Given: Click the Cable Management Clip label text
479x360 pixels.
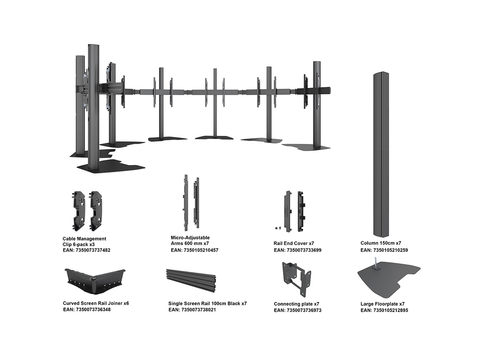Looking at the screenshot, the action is coord(84,241).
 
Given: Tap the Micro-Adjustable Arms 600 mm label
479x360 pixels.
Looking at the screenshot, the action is coord(190,240).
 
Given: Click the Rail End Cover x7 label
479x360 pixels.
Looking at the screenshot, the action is coord(294,243).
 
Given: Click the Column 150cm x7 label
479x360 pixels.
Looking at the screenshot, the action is coord(380,243).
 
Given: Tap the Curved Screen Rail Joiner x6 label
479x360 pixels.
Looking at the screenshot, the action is coord(96,303).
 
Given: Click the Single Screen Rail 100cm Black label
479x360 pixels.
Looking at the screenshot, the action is coord(207,303).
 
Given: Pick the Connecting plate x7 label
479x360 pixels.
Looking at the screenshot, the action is coord(296,304).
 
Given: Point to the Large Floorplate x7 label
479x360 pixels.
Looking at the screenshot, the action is coord(382,304).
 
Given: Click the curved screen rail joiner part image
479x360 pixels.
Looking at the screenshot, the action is coord(95,282).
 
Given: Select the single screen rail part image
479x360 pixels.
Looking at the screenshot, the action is coord(191,280).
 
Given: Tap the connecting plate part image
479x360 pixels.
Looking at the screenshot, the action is coord(296,279).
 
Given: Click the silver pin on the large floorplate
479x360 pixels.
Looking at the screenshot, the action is coord(376,263).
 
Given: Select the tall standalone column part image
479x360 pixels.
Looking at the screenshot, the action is coord(381,155).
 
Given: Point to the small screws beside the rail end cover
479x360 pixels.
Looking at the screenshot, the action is coord(278,228).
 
